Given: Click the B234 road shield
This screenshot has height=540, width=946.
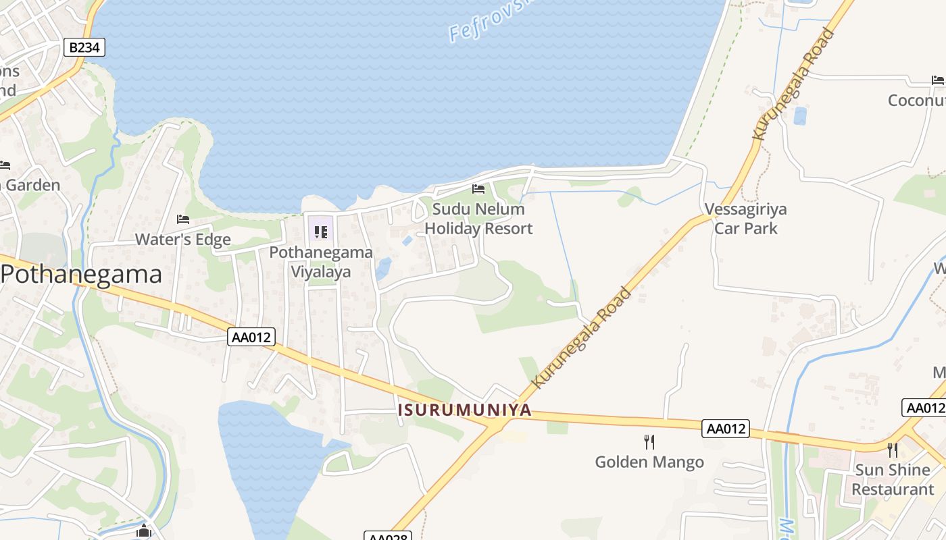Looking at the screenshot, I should [84, 47].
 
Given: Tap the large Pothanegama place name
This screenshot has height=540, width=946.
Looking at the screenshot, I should [82, 275].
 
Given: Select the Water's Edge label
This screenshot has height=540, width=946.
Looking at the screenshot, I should [182, 240].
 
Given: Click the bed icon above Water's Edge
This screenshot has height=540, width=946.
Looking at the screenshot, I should [182, 219].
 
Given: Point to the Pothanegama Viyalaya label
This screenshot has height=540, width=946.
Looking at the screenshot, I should [321, 262].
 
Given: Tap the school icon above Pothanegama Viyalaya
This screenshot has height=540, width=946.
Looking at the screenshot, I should [321, 232].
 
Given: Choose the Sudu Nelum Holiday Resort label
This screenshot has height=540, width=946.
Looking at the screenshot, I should [478, 219].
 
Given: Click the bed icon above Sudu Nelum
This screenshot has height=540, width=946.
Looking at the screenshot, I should [478, 189].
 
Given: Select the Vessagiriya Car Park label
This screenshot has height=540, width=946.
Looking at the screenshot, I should [745, 219].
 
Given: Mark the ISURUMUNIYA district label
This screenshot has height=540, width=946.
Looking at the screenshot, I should [465, 410].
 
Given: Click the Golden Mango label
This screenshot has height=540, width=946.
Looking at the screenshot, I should [649, 462].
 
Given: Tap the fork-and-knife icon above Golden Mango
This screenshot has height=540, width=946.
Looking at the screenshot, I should [649, 442].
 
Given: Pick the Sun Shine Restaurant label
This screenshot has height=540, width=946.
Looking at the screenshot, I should [893, 479].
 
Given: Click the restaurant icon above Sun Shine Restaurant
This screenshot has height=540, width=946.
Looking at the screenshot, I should [893, 450].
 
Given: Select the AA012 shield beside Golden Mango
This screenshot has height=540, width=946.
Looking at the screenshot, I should [726, 428].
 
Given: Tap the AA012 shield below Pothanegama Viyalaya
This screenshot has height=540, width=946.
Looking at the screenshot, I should [252, 337].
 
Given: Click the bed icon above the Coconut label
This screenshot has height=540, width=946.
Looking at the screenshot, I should [937, 80].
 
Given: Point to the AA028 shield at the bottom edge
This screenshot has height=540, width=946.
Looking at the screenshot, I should [387, 537].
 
